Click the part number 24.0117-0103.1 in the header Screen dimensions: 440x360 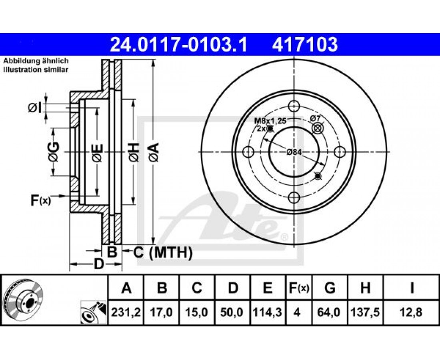[178, 45]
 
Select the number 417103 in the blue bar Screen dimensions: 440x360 [305, 45]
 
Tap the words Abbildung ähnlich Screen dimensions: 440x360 [36, 61]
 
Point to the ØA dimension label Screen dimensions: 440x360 [154, 152]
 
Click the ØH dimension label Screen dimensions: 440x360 [134, 152]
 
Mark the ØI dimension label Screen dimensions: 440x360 [35, 108]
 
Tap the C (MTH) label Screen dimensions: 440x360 [163, 252]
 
